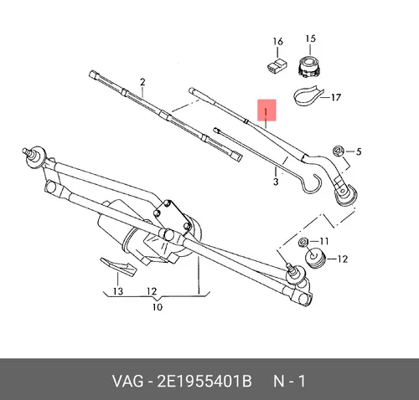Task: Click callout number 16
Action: (278, 42)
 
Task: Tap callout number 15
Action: (310, 38)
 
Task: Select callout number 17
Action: (336, 97)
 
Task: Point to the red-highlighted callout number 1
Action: (266, 112)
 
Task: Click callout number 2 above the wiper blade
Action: (142, 82)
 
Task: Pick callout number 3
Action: (276, 182)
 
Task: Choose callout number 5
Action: (359, 151)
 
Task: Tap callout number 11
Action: (323, 241)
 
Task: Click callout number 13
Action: (118, 291)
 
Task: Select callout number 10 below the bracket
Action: (158, 307)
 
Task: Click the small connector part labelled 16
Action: (277, 65)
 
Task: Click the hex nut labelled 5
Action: (339, 151)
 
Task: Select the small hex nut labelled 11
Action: (303, 242)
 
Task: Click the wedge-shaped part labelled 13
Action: (118, 266)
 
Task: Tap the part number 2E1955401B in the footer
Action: (204, 381)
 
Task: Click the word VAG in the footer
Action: (127, 381)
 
